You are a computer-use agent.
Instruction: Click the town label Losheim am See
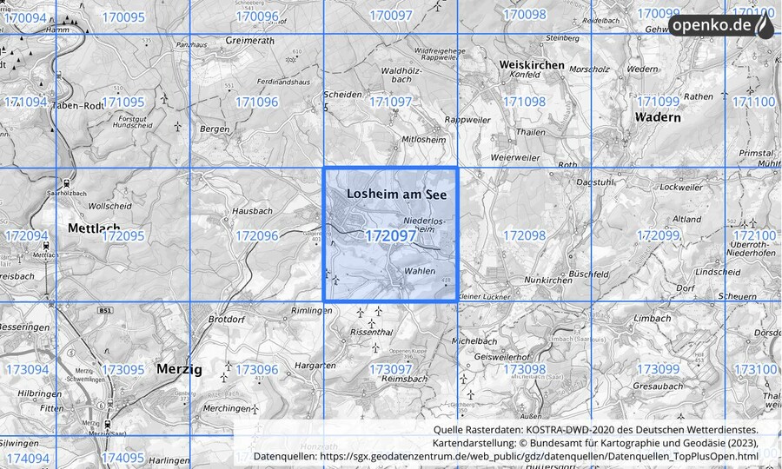396,195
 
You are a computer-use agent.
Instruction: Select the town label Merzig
179,369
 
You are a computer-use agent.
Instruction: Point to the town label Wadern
657,117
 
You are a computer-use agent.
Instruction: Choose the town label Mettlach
94,228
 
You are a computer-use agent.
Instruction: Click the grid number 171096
256,102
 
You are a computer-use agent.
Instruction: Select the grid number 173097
390,370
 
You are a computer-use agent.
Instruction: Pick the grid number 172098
524,236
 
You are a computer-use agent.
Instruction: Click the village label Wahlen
421,271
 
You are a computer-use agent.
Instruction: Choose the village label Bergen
215,129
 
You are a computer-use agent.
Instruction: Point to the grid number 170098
524,16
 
